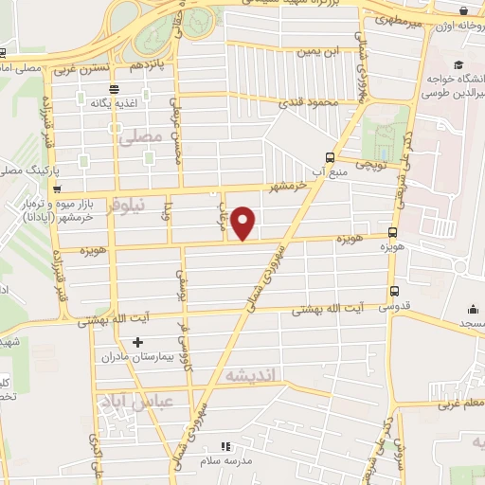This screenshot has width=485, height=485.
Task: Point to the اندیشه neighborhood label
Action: point(249,376)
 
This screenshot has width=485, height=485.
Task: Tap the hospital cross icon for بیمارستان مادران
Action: point(138,341)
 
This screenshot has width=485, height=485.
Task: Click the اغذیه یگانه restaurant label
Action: point(133,99)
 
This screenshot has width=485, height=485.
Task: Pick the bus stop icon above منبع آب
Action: point(329,157)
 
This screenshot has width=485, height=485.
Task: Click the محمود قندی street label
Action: point(315,100)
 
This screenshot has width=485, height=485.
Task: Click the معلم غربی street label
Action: point(458,404)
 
